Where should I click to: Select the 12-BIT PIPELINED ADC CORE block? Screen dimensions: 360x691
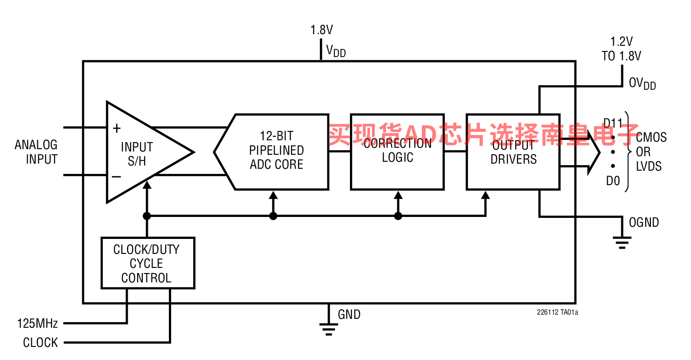[276, 151]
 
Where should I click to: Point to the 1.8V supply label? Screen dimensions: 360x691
[321, 30]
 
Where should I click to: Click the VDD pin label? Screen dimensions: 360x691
[335, 51]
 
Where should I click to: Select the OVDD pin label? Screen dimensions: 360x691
[642, 84]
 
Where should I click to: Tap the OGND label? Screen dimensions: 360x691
[644, 223]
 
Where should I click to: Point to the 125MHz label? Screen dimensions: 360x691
[37, 323]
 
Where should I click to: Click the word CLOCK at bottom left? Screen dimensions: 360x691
[41, 343]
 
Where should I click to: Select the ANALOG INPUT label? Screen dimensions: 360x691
[36, 152]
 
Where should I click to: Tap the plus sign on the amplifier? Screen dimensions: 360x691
[116, 128]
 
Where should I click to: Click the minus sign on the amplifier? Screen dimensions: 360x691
[116, 177]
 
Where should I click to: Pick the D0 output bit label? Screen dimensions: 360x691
[613, 181]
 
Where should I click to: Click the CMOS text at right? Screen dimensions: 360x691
[651, 137]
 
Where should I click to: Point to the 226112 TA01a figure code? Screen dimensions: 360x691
[557, 312]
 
